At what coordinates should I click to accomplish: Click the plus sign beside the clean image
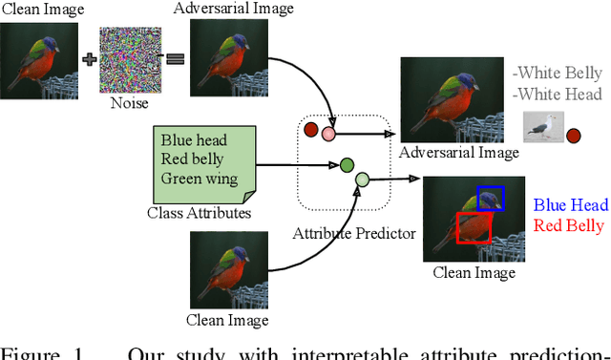[x=91, y=59]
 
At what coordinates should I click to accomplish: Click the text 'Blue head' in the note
[x=196, y=139]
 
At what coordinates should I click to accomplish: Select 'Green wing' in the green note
[x=198, y=178]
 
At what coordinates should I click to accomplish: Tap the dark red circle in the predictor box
[x=310, y=129]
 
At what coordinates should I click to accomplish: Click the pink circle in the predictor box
[x=328, y=134]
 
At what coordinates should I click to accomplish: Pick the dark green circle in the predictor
[x=348, y=165]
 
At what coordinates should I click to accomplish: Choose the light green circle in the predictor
[x=363, y=180]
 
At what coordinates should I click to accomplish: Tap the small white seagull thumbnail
[x=541, y=130]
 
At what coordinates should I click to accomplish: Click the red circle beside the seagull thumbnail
[x=573, y=136]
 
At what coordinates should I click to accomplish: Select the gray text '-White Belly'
[x=558, y=74]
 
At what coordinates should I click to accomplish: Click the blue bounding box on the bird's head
[x=491, y=199]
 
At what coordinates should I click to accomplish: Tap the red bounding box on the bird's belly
[x=474, y=227]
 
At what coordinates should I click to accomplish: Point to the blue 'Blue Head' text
[x=570, y=204]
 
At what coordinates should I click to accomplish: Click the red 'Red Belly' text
[x=569, y=225]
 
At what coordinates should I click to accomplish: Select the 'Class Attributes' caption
[x=200, y=212]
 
